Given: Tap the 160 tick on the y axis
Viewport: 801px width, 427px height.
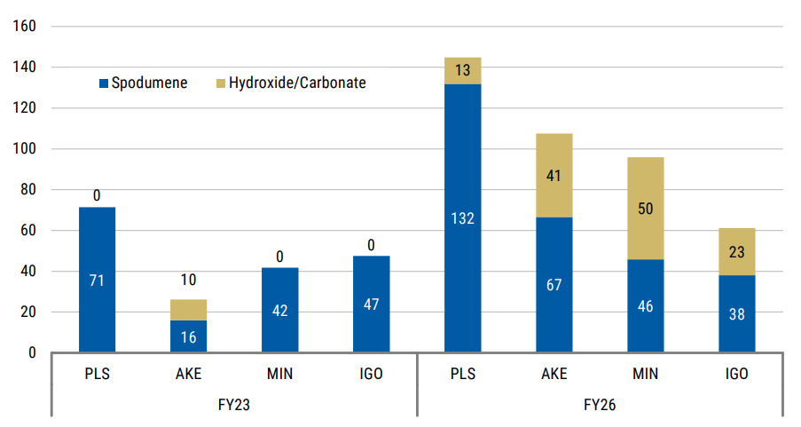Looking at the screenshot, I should [24, 27].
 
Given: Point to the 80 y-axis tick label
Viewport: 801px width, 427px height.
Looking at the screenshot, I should [27, 190].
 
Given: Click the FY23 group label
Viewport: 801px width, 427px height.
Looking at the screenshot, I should [234, 404].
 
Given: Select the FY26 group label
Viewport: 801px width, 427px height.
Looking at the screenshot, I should [600, 404].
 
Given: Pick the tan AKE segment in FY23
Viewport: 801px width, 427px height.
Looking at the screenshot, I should [188, 310].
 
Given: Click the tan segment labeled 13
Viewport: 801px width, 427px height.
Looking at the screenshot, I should [462, 71].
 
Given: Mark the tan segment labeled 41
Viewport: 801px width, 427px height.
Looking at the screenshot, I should [554, 175].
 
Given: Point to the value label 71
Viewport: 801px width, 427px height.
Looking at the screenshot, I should [97, 281].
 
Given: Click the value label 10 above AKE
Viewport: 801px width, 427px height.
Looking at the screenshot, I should [188, 281].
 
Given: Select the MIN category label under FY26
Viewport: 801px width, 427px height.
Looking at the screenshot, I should [645, 374].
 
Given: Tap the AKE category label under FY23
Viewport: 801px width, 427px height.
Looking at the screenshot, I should [188, 374].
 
